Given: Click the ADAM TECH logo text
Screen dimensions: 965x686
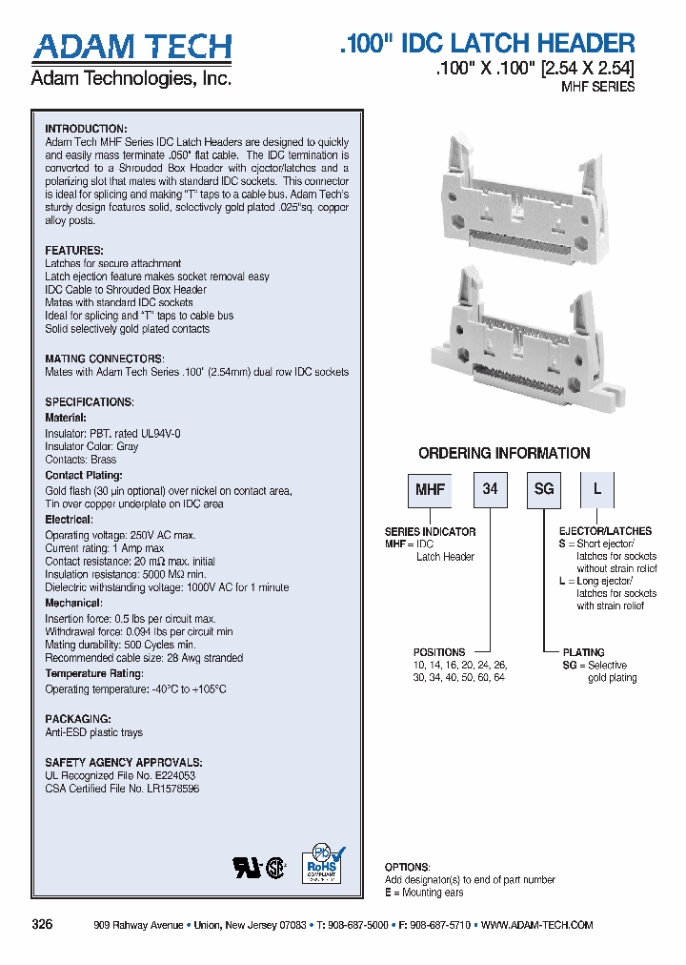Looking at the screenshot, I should [x=131, y=47].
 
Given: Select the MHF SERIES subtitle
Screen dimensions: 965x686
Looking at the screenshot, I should [x=597, y=87].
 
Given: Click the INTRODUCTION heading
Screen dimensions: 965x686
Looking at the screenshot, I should [x=86, y=129].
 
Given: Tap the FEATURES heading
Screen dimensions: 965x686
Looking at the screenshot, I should [x=74, y=250].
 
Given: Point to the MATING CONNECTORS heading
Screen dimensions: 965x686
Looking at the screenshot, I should [x=104, y=359].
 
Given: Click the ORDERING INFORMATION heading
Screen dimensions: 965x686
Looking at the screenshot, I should [x=504, y=454].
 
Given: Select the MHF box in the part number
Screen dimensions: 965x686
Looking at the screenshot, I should [x=427, y=489].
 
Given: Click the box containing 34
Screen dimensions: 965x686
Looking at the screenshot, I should [x=490, y=489].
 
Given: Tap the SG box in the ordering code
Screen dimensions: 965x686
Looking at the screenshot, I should [x=543, y=489].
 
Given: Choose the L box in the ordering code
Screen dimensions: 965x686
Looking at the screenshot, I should [x=597, y=489].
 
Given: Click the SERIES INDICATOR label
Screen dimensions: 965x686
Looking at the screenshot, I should [x=430, y=531].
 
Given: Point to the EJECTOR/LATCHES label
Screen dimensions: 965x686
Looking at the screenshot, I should [x=605, y=531].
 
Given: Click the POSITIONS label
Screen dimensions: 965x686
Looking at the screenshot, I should [x=439, y=652].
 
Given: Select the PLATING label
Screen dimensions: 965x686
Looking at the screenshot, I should [x=583, y=652].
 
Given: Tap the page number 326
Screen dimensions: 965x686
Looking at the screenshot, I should [x=42, y=925].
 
